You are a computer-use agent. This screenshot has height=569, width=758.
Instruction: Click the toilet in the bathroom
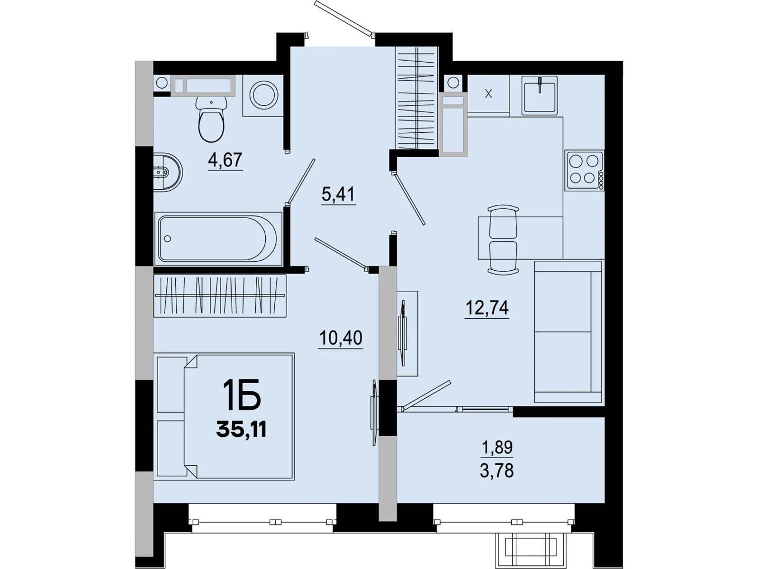pyautogui.click(x=211, y=119)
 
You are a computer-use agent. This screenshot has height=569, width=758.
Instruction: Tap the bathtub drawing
pyautogui.click(x=218, y=239)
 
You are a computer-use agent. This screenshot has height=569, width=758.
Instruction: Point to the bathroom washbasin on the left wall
pyautogui.click(x=168, y=172)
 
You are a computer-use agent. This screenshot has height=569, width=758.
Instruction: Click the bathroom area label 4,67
pyautogui.click(x=226, y=160)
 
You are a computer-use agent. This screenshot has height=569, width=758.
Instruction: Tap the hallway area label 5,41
pyautogui.click(x=338, y=194)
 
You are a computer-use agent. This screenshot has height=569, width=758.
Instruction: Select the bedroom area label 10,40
pyautogui.click(x=341, y=338)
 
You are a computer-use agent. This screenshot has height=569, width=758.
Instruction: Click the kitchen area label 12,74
pyautogui.click(x=487, y=307)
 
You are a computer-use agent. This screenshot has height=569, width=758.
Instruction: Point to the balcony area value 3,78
pyautogui.click(x=496, y=470)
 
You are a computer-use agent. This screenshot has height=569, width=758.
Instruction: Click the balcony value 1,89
pyautogui.click(x=497, y=447)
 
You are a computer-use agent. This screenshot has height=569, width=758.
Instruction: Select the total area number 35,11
pyautogui.click(x=242, y=430)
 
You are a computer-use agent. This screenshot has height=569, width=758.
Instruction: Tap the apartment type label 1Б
pyautogui.click(x=242, y=395)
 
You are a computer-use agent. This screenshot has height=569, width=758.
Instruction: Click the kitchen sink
pyautogui.click(x=540, y=95)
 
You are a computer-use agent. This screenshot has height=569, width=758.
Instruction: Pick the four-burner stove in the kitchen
pyautogui.click(x=584, y=170)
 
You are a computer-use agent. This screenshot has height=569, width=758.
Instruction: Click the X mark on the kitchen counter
pyautogui.click(x=488, y=93)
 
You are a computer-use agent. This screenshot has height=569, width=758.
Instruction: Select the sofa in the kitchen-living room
pyautogui.click(x=568, y=331)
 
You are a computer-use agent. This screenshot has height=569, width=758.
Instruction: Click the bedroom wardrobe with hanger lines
pyautogui.click(x=220, y=295)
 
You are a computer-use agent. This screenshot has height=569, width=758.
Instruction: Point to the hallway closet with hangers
pyautogui.click(x=416, y=98)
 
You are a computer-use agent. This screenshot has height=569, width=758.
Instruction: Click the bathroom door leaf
pyautogui.click(x=301, y=181)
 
